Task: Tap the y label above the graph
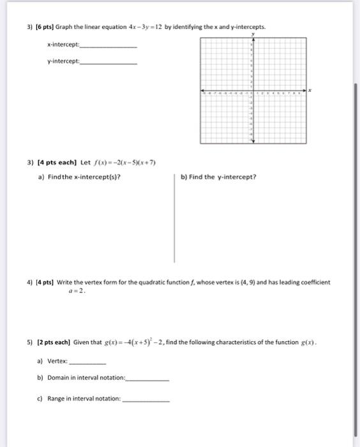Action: (x=253, y=34)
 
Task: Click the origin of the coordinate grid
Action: (x=252, y=91)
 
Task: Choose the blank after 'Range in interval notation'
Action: (x=146, y=400)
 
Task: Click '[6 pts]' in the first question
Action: (x=44, y=28)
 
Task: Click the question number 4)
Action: (x=30, y=282)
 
